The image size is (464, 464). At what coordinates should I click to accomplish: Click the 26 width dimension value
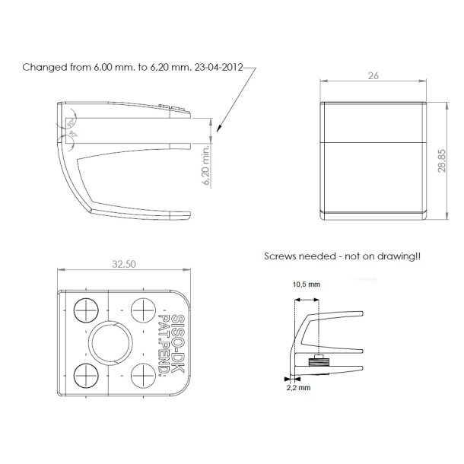pyautogui.click(x=373, y=76)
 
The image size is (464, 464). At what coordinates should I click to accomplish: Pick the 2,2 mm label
pyautogui.click(x=297, y=387)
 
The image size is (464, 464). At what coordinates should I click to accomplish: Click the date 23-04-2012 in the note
pyautogui.click(x=221, y=67)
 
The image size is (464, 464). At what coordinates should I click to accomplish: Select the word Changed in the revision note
pyautogui.click(x=43, y=67)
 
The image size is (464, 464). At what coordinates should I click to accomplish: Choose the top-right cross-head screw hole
pyautogui.click(x=142, y=310)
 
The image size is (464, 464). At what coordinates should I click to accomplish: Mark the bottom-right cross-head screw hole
pyautogui.click(x=142, y=374)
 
